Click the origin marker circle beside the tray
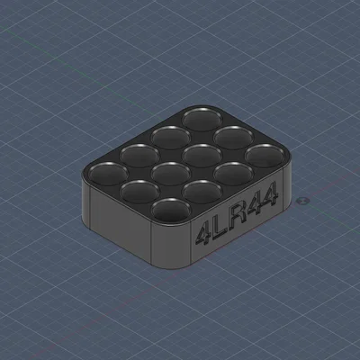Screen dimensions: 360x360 click(x=302, y=201)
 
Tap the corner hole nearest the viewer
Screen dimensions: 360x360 click(x=171, y=210)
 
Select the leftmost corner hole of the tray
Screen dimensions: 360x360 click(x=108, y=174)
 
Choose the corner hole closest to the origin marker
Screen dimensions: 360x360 click(x=265, y=156)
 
